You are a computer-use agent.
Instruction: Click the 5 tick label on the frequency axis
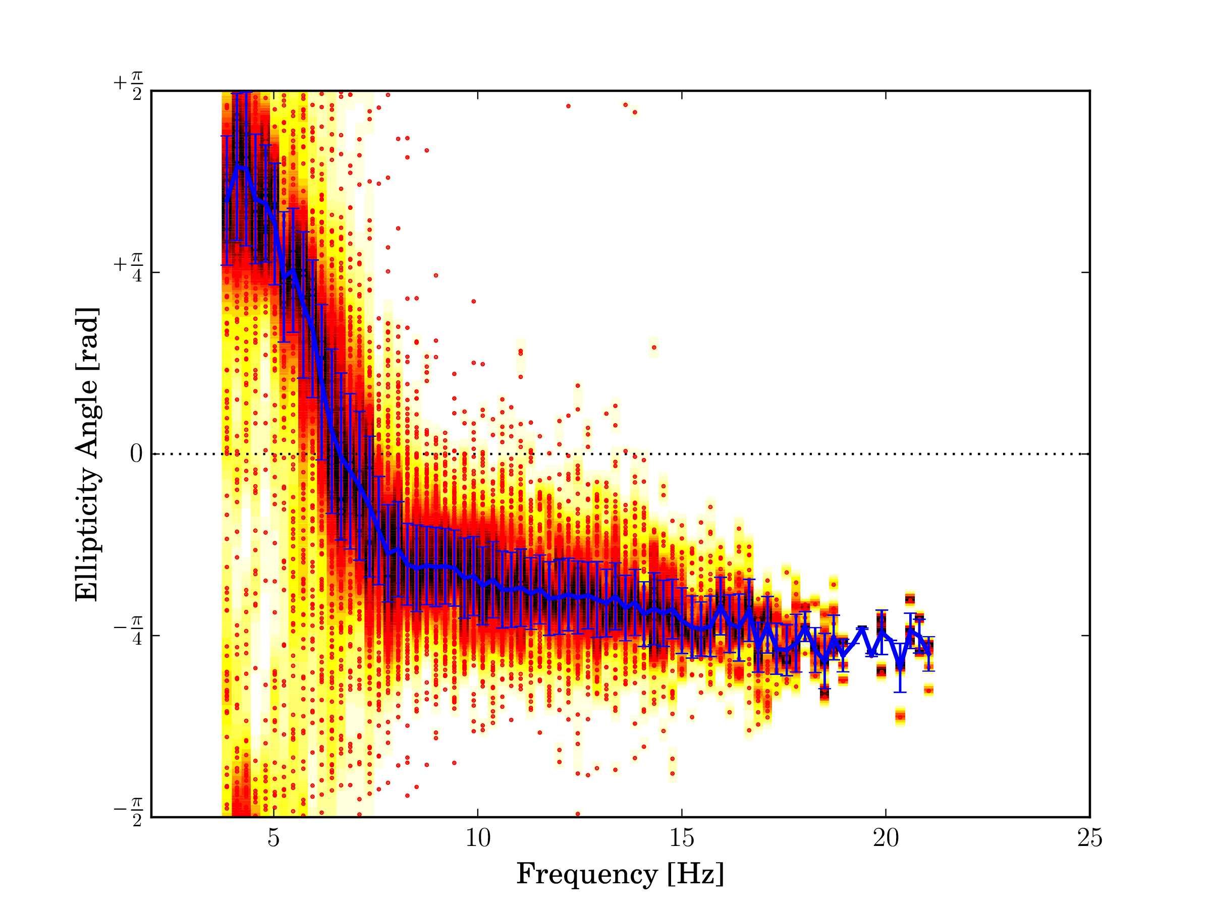coord(273,838)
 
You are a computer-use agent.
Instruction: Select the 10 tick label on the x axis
coord(477,838)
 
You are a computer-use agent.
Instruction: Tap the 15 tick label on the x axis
coord(682,838)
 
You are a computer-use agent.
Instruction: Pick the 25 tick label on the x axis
coord(1089,838)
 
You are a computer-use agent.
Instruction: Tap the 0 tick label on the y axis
coord(136,453)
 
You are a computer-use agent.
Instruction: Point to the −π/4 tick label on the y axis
coord(129,631)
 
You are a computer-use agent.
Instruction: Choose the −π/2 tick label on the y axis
coord(129,813)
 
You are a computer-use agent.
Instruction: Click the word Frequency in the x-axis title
coord(586,874)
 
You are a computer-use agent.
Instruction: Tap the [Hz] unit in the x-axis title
coord(696,874)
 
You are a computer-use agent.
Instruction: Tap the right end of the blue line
coord(929,653)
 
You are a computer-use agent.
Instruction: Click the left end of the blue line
coord(226,201)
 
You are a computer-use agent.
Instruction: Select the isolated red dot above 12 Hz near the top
coord(568,106)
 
